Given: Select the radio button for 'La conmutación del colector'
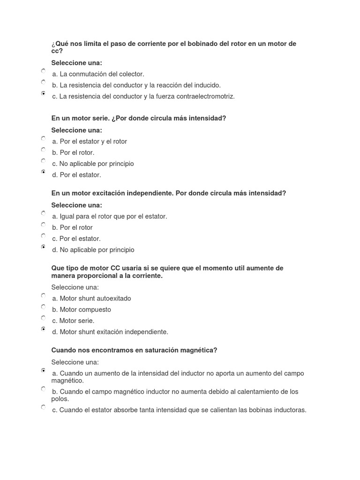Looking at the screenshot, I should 43,71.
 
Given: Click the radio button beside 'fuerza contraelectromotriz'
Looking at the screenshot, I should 43,94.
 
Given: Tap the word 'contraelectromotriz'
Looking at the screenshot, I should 206,97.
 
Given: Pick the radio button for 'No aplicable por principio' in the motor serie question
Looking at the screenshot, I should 43,161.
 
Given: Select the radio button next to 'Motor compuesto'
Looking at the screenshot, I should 43,307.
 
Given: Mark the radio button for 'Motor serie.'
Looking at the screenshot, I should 43,318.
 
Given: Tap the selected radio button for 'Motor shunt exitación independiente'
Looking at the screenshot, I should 43,329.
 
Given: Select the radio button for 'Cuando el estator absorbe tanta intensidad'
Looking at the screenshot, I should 43,407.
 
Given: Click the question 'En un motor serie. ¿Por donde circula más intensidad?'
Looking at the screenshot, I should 139,119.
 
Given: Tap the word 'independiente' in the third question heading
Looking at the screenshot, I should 145,193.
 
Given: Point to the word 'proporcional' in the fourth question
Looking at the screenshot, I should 96,276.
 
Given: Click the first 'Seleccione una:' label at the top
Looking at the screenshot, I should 76,63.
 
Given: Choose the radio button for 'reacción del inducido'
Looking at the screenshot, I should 43,82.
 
